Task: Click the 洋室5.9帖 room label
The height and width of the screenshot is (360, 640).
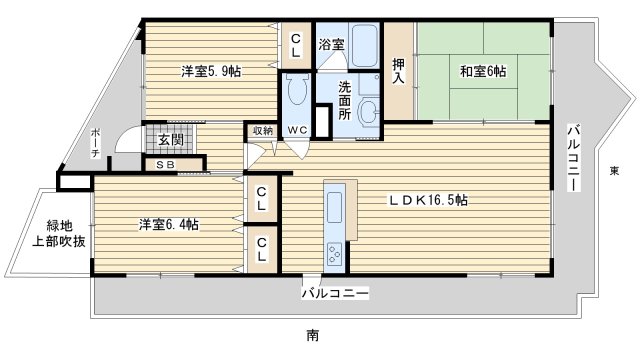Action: coord(210,72)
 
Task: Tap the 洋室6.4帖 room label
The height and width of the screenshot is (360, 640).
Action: coord(168,224)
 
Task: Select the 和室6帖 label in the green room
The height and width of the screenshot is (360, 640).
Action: coord(482,72)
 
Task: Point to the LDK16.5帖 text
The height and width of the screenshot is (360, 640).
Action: coord(428,199)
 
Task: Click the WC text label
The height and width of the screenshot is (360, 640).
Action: coord(298,131)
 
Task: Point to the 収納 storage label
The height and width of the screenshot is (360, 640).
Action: coord(262,129)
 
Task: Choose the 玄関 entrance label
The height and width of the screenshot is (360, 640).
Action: coord(171,140)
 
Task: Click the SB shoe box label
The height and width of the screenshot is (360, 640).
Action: coord(166,164)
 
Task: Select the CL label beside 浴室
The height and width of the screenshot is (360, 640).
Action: coord(296,45)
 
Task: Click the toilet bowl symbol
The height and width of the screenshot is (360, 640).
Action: coord(295,92)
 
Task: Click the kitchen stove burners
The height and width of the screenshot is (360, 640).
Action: coord(334,255)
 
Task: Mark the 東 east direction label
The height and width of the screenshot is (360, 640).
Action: coord(613,171)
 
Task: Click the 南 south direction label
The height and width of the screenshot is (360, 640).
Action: coord(313,334)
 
